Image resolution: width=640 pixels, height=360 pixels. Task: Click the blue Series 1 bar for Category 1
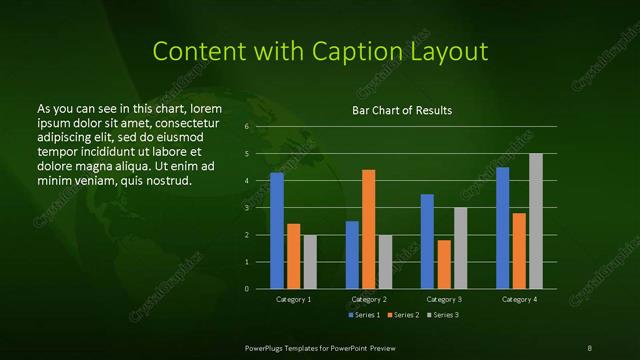point(277,230)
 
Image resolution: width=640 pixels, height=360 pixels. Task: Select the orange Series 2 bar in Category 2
point(368,229)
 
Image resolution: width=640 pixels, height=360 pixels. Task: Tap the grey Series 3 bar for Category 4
point(535,221)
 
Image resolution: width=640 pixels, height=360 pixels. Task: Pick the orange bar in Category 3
point(444,264)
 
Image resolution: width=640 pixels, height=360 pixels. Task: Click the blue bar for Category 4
point(503,228)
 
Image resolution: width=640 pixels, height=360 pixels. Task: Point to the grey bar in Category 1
point(309,261)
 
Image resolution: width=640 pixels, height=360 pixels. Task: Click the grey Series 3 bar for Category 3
point(460,248)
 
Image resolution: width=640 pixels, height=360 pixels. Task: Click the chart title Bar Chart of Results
point(401,110)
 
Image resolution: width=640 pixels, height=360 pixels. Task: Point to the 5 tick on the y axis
point(247,154)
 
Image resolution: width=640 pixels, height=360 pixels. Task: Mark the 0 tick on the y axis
point(247,288)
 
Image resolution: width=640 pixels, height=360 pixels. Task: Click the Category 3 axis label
point(444,299)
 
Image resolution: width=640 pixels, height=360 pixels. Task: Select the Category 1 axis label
point(293,299)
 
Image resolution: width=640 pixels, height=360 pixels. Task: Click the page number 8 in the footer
point(589,346)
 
